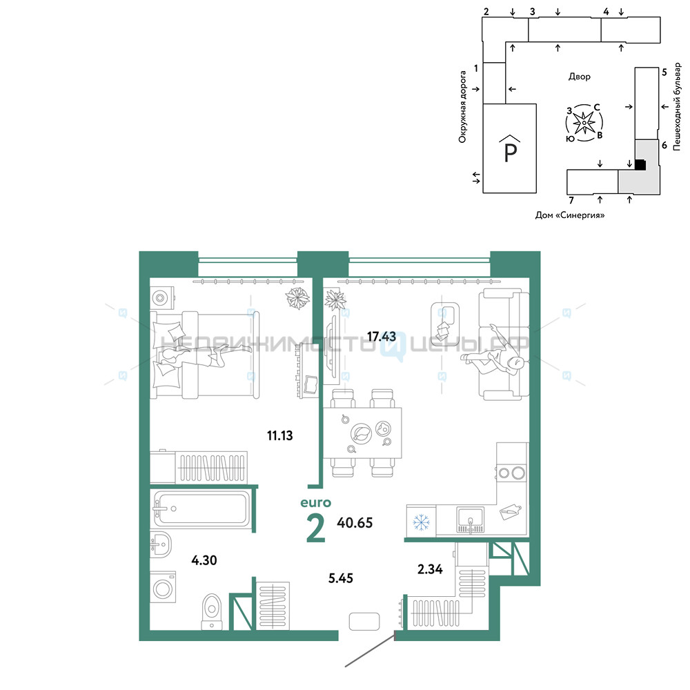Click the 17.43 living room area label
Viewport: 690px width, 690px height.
(382, 337)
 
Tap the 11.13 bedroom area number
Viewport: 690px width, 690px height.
(280, 435)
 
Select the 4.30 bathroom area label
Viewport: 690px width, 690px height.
(204, 560)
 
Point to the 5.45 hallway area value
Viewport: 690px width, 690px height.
(341, 578)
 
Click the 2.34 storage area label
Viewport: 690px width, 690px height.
(430, 569)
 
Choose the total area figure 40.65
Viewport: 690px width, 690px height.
(355, 523)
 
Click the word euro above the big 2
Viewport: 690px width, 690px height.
(315, 502)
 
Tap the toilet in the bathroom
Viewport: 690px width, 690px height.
(212, 612)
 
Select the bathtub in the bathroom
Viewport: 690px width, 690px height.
(200, 509)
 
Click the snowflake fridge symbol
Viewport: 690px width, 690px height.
(421, 522)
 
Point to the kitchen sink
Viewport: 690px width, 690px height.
(470, 520)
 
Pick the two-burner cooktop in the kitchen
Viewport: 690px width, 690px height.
(512, 473)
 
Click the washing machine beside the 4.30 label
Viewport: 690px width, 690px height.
(163, 587)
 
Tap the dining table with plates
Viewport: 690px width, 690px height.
(363, 433)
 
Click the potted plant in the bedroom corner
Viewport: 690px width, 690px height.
(298, 298)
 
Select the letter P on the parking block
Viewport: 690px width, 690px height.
(510, 152)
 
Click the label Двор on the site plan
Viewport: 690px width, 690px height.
(579, 77)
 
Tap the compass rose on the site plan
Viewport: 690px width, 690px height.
(584, 123)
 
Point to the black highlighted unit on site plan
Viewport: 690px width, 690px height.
(640, 165)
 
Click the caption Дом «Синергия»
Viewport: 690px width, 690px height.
(570, 215)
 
